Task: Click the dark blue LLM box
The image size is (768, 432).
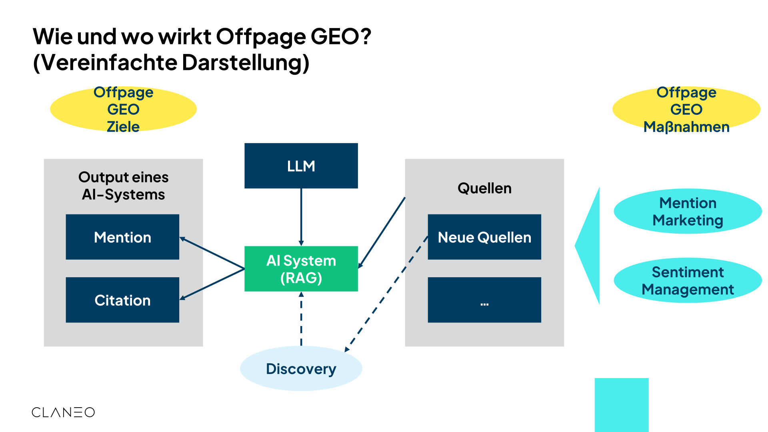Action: [301, 166]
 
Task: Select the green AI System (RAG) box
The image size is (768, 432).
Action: [301, 269]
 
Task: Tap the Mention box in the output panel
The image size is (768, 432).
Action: [122, 237]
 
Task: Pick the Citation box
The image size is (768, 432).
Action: [122, 300]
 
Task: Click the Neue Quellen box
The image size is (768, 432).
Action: [484, 237]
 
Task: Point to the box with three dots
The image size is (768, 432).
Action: [484, 300]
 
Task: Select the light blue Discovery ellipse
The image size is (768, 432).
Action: [301, 368]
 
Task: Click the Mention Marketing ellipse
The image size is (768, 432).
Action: [688, 211]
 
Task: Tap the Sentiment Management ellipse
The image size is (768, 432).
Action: [688, 280]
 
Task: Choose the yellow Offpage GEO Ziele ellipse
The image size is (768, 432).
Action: [123, 109]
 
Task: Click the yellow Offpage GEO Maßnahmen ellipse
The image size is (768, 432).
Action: [686, 109]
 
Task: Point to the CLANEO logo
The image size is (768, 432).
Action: [63, 412]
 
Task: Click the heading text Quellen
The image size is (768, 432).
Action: [484, 188]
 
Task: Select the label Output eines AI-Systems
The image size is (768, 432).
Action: [123, 186]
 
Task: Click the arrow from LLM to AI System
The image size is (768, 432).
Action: [301, 216]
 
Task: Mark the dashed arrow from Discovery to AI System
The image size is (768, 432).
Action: [301, 320]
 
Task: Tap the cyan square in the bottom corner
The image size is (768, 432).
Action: [621, 404]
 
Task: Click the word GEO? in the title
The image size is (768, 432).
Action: [341, 36]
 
